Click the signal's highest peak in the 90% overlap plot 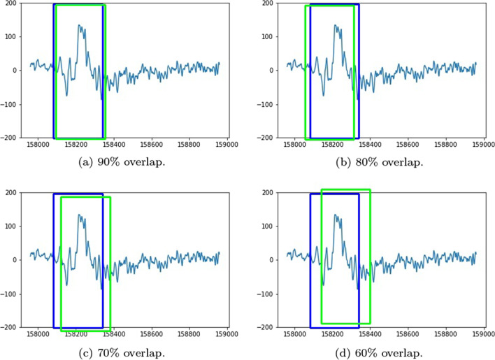coord(79,26)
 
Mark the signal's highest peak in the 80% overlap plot coord(336,26)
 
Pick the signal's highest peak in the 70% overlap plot coord(79,215)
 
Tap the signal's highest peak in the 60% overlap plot coord(336,215)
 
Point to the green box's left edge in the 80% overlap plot coord(306,72)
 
